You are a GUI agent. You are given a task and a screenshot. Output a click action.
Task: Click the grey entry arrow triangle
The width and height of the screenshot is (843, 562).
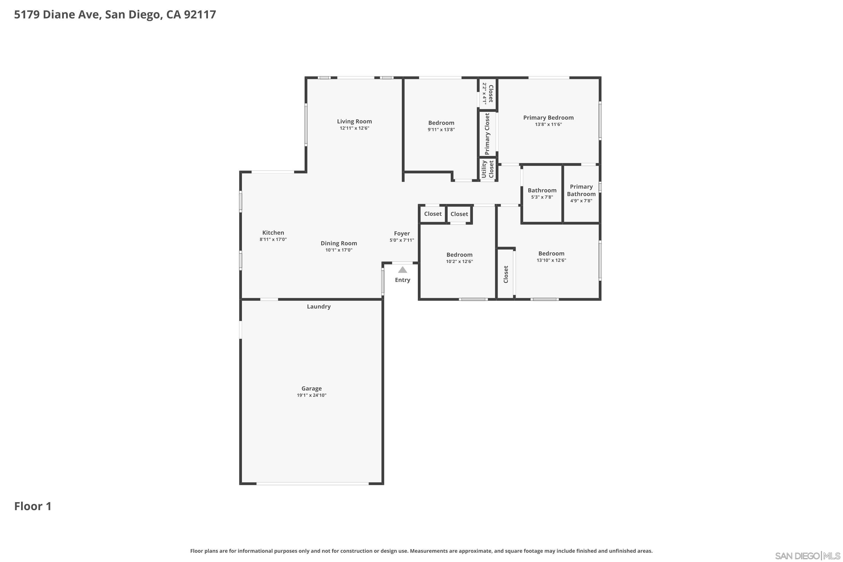point(402,269)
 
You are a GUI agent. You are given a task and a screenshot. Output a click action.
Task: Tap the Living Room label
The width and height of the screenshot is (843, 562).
point(354,121)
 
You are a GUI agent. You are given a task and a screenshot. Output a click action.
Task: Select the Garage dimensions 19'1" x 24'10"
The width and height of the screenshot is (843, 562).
point(311,395)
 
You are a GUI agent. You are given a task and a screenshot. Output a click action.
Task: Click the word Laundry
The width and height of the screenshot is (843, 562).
point(319,307)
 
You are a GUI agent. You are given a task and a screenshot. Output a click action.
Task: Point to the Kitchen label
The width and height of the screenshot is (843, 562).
point(273,233)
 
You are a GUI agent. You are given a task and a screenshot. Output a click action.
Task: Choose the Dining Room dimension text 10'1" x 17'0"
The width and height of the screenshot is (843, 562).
point(339,250)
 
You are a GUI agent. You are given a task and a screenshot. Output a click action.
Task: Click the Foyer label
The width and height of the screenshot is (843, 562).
point(402,233)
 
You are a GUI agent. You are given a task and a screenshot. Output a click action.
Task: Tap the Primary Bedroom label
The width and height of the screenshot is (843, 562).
point(548,117)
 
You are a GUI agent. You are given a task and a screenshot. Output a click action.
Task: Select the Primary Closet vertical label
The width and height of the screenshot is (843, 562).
point(487,134)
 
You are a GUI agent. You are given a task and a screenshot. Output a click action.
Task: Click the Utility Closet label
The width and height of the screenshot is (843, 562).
point(488,169)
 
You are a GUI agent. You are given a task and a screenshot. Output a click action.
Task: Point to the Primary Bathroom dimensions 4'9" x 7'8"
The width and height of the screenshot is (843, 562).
point(581,201)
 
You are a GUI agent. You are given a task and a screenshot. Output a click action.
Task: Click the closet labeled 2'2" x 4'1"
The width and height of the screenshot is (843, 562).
point(488,93)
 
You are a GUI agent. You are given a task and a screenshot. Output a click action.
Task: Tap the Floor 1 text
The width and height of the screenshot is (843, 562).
point(33,506)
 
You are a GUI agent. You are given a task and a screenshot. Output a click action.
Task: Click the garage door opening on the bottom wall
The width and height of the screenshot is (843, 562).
point(312,484)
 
